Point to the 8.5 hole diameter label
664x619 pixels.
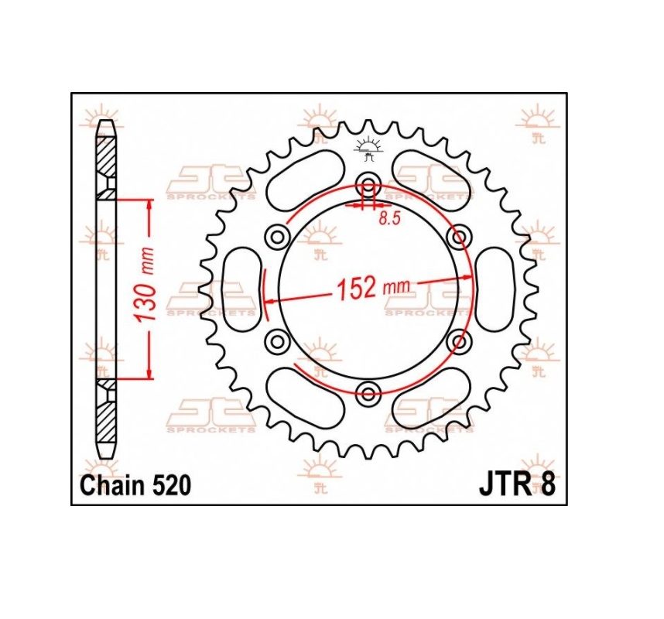389,218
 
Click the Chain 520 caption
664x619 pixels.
135,485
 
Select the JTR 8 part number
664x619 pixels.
517,485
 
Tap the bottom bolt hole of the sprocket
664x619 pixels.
368,393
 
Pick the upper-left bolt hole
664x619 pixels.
277,237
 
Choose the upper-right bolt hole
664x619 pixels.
459,237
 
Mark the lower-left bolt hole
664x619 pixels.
277,341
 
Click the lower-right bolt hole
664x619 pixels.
459,341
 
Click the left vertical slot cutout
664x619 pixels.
241,289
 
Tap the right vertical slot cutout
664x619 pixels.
495,289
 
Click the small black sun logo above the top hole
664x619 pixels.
368,149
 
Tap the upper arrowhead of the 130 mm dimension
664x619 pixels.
149,204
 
